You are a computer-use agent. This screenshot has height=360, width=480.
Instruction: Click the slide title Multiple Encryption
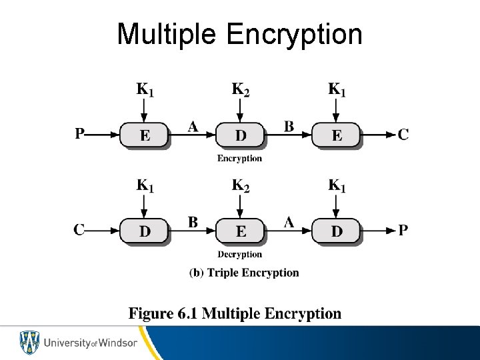(x=239, y=34)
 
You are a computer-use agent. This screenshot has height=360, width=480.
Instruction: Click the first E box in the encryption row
(x=145, y=135)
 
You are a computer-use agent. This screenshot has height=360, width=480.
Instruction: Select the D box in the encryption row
(x=240, y=135)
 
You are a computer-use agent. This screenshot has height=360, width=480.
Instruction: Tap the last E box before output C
(x=337, y=135)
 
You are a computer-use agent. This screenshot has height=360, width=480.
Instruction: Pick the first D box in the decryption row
(x=145, y=231)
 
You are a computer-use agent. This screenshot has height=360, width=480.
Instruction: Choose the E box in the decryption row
(x=240, y=231)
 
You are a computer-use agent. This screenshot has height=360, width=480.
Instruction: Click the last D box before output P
(x=337, y=231)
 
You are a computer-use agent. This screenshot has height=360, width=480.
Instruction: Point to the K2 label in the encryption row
(x=240, y=89)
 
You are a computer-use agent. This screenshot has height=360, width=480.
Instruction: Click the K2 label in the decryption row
(x=240, y=185)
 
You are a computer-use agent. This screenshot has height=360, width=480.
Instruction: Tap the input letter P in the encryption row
(x=80, y=135)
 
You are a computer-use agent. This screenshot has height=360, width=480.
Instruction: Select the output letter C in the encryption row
(x=403, y=135)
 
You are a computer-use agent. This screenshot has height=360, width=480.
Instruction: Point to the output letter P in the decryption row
(x=403, y=231)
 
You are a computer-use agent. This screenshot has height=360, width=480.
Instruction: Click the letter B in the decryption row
(x=193, y=223)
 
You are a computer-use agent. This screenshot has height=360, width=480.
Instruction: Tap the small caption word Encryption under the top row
(x=240, y=159)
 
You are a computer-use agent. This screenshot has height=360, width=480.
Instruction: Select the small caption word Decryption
(x=240, y=254)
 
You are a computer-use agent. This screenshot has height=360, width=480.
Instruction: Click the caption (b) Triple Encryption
(x=244, y=272)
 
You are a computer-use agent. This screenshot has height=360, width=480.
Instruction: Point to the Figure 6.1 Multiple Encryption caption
(x=235, y=313)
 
